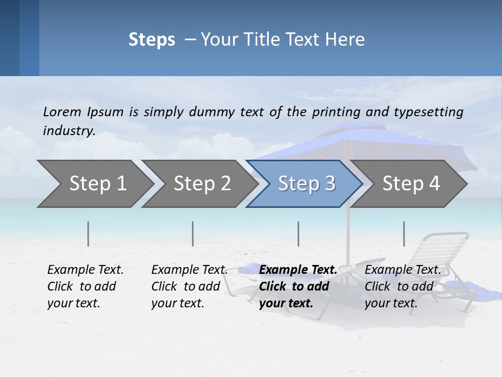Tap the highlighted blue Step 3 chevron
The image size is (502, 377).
pyautogui.click(x=305, y=184)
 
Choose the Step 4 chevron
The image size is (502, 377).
pyautogui.click(x=410, y=184)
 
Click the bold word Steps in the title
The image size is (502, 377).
pyautogui.click(x=152, y=40)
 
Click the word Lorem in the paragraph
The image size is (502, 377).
pyautogui.click(x=62, y=112)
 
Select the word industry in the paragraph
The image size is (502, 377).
pyautogui.click(x=69, y=131)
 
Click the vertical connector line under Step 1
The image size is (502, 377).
pyautogui.click(x=88, y=234)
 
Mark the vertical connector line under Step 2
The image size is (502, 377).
pyautogui.click(x=193, y=234)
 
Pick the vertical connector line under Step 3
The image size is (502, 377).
pyautogui.click(x=298, y=234)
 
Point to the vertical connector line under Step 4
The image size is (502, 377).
pyautogui.click(x=404, y=234)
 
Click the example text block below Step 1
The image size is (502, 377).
pyautogui.click(x=85, y=286)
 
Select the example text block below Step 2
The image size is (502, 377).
pyautogui.click(x=189, y=286)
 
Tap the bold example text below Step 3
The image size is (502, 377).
pyautogui.click(x=298, y=286)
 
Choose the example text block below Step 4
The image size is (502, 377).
pyautogui.click(x=403, y=286)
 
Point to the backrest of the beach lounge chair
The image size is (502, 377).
pyautogui.click(x=442, y=251)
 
